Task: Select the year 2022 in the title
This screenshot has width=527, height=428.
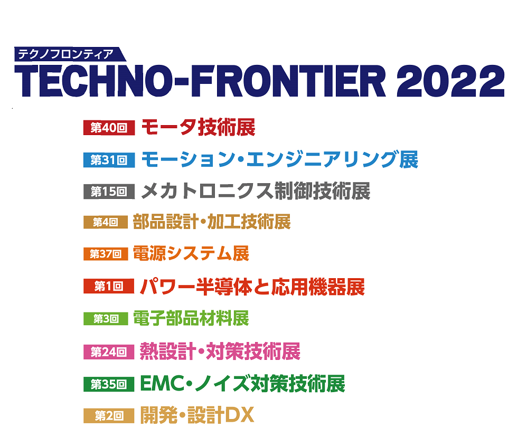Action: (x=451, y=81)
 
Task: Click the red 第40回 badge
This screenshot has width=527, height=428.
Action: (x=109, y=128)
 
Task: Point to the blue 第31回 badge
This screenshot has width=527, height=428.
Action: (x=109, y=160)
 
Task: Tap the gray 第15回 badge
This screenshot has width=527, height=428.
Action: (x=109, y=192)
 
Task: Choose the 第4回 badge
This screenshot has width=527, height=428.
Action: (x=106, y=222)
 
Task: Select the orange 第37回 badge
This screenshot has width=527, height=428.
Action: (x=106, y=254)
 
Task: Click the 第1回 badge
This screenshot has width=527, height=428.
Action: (x=109, y=286)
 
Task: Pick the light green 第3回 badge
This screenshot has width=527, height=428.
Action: (x=106, y=318)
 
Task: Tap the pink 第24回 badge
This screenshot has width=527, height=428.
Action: (x=109, y=351)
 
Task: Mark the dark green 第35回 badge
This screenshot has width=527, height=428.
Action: (x=109, y=384)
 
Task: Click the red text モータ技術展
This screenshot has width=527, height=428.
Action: (x=199, y=127)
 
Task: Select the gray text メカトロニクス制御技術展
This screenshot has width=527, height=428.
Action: (x=256, y=191)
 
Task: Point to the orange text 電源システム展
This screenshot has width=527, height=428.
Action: (x=191, y=253)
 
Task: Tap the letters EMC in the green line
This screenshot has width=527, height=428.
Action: (x=162, y=384)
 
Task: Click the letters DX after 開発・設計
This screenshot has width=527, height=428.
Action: (x=239, y=415)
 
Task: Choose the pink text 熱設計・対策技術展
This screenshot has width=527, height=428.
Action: (x=220, y=351)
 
